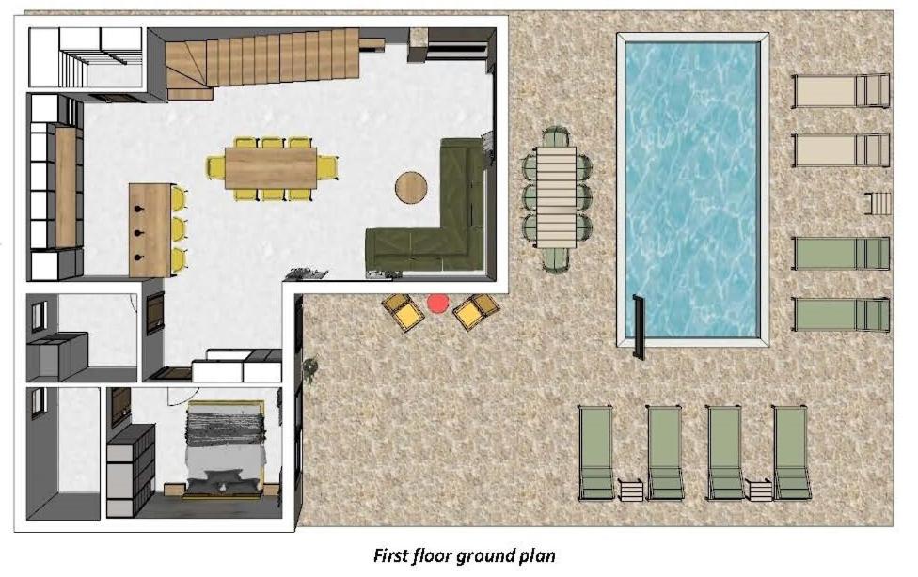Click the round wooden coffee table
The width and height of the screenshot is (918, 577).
[x=411, y=187]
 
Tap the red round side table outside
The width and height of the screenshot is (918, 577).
[x=438, y=304]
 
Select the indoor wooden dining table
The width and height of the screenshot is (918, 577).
[x=271, y=168]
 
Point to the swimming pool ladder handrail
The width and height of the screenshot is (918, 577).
[x=639, y=326]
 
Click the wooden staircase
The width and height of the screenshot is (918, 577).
[x=261, y=63]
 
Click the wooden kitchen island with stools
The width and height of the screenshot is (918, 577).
[x=151, y=230]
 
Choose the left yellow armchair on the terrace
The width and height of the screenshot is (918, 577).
[x=403, y=311]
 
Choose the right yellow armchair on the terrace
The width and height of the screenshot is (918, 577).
[x=476, y=309]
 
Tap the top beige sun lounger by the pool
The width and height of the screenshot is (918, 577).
[x=841, y=91]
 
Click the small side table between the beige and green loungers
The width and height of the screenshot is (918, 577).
[x=877, y=202]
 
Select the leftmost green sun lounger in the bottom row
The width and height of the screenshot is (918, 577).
[x=596, y=452]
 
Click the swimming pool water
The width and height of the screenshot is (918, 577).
[x=692, y=189]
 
